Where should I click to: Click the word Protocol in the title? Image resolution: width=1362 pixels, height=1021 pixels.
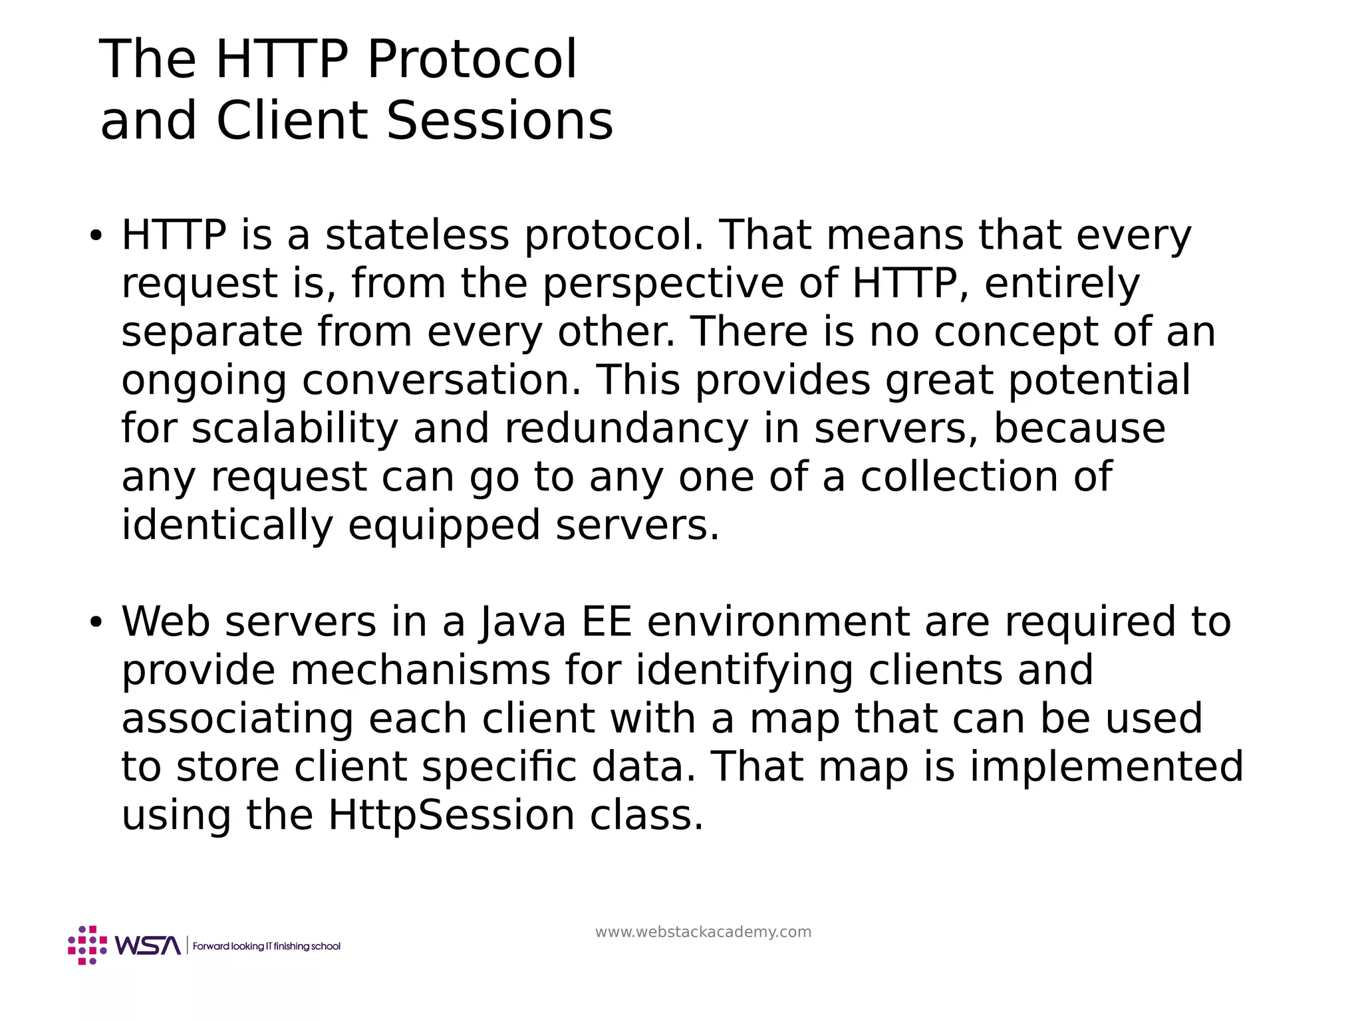tap(472, 60)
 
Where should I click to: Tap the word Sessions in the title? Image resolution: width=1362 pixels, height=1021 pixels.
tap(499, 122)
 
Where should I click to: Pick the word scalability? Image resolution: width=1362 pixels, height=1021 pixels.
tap(295, 429)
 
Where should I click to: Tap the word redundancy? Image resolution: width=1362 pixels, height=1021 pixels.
tap(627, 429)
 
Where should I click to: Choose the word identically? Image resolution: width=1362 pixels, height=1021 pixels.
tap(227, 525)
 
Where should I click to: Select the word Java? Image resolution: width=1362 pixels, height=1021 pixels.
tap(523, 622)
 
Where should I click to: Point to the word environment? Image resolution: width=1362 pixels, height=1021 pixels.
tap(777, 622)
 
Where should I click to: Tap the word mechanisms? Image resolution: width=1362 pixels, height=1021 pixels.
tap(420, 670)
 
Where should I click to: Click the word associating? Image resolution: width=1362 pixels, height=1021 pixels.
tap(237, 719)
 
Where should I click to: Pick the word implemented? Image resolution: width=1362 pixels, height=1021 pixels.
tap(1106, 767)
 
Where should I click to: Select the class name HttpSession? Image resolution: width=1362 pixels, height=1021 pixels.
tap(451, 816)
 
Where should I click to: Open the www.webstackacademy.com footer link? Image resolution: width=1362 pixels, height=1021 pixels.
tap(703, 932)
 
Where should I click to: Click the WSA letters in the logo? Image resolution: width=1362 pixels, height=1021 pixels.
tap(148, 945)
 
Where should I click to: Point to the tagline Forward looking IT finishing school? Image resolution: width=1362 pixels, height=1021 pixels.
tap(267, 946)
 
